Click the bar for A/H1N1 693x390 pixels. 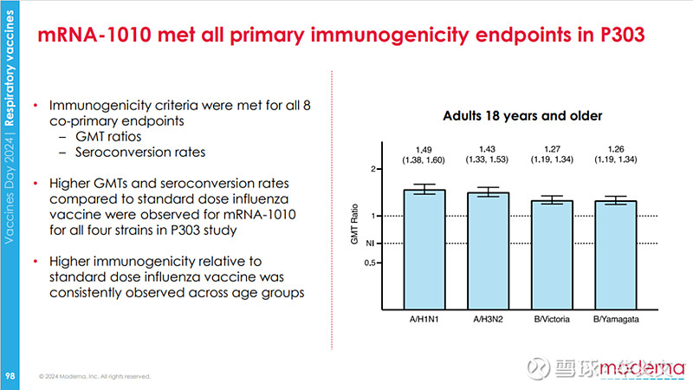(424, 247)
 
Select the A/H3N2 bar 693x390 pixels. (489, 250)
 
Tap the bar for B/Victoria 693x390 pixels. (552, 253)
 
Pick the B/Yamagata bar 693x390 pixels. (616, 253)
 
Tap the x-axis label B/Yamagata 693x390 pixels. (616, 320)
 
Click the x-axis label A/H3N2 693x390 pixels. (489, 320)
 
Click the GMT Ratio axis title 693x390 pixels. (355, 228)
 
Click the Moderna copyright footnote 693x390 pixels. (95, 376)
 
